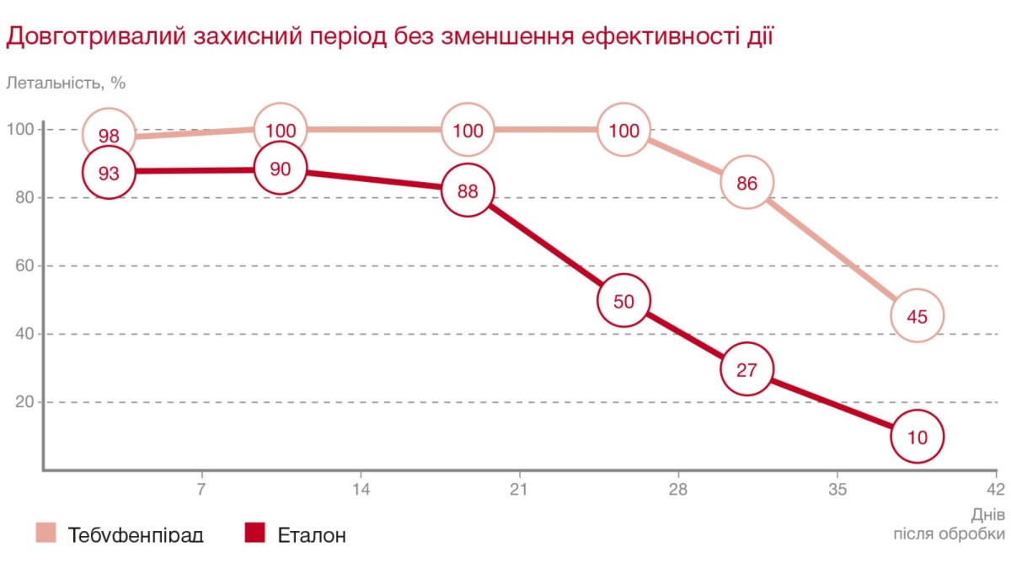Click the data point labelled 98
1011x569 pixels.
(x=108, y=135)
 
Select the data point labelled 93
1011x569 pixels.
(x=108, y=173)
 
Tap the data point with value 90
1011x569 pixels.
(x=280, y=169)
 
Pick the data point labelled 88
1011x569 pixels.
(x=468, y=191)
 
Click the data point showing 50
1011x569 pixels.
(x=623, y=301)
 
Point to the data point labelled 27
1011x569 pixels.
(x=747, y=369)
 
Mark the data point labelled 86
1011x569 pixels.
(x=747, y=182)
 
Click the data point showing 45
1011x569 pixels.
(x=917, y=316)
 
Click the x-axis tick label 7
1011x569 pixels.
(x=201, y=489)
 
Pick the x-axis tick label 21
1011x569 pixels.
(x=518, y=489)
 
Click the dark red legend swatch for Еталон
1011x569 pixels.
(x=254, y=533)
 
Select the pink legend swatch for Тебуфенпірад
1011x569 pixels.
(x=45, y=533)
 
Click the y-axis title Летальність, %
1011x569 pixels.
(x=66, y=83)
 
